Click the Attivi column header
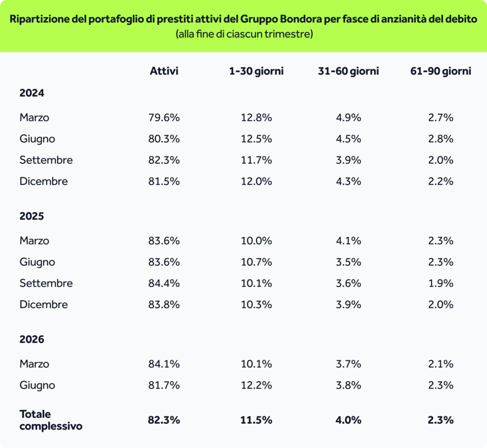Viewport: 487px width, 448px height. click(x=164, y=71)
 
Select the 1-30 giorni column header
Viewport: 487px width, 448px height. click(x=256, y=71)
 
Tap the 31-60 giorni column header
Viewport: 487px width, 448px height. click(x=348, y=71)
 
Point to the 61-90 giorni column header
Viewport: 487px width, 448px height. click(x=440, y=71)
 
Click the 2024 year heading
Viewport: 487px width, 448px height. click(x=32, y=93)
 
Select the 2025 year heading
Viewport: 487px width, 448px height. click(x=32, y=216)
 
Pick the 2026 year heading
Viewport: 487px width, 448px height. click(x=32, y=339)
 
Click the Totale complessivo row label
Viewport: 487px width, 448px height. click(x=51, y=420)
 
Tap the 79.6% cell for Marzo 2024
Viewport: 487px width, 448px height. click(x=164, y=117)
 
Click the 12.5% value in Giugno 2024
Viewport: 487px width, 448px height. click(x=256, y=138)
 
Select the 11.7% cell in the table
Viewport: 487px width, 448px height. click(x=256, y=160)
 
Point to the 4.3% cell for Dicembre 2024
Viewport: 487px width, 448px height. click(x=348, y=181)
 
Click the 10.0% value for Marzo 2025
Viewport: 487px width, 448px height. click(x=256, y=241)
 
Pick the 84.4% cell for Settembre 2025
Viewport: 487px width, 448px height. click(x=164, y=283)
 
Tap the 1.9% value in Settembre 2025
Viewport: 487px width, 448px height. click(x=440, y=283)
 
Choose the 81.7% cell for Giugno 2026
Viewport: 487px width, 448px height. click(x=164, y=385)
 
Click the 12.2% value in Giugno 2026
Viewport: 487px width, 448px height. click(x=256, y=385)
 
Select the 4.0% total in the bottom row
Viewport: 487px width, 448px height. click(x=348, y=420)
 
